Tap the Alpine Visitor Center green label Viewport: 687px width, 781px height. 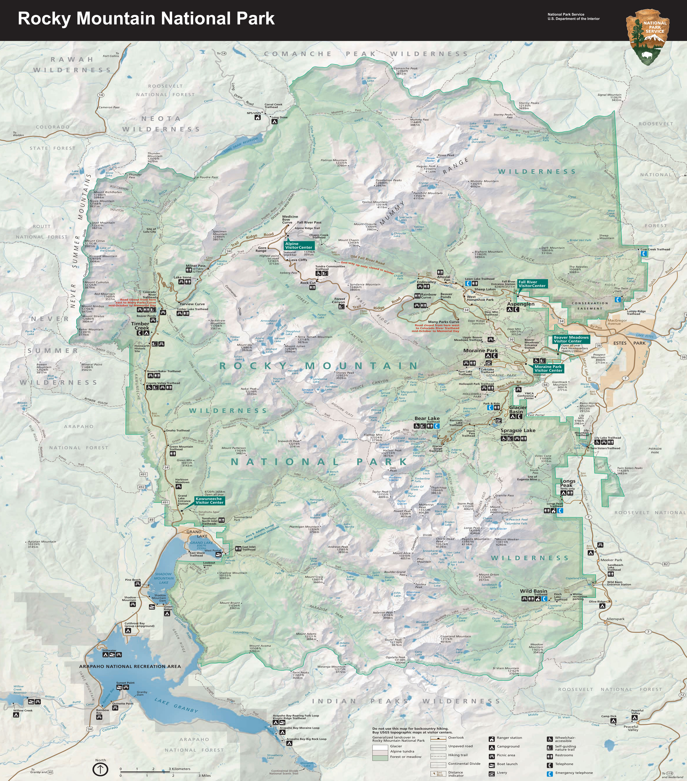coord(298,245)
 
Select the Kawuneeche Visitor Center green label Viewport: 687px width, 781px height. coord(209,501)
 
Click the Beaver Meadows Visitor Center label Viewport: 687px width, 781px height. coord(571,339)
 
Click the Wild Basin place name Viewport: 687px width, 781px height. coord(533,591)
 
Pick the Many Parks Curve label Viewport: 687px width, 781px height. coord(443,322)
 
